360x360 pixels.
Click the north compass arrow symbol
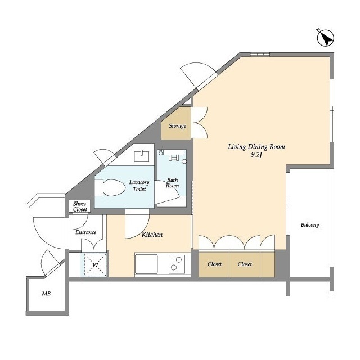point(325,38)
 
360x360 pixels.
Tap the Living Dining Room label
point(256,147)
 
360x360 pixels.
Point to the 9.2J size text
point(256,155)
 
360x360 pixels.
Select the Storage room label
point(177,126)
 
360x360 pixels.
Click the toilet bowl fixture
point(110,187)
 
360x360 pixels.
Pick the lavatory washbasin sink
point(141,156)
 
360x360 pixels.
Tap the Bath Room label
point(173,183)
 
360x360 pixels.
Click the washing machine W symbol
point(95,265)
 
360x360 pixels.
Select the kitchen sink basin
point(146,264)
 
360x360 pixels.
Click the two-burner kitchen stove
point(177,264)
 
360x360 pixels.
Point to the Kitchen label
point(152,235)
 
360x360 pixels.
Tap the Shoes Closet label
point(80,206)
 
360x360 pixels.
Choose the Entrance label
point(86,232)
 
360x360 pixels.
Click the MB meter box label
point(46,294)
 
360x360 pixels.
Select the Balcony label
point(310,225)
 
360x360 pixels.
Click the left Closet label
point(214,264)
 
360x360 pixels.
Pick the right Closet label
point(245,264)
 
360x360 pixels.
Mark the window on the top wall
point(260,55)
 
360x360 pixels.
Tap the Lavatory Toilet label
point(139,186)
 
